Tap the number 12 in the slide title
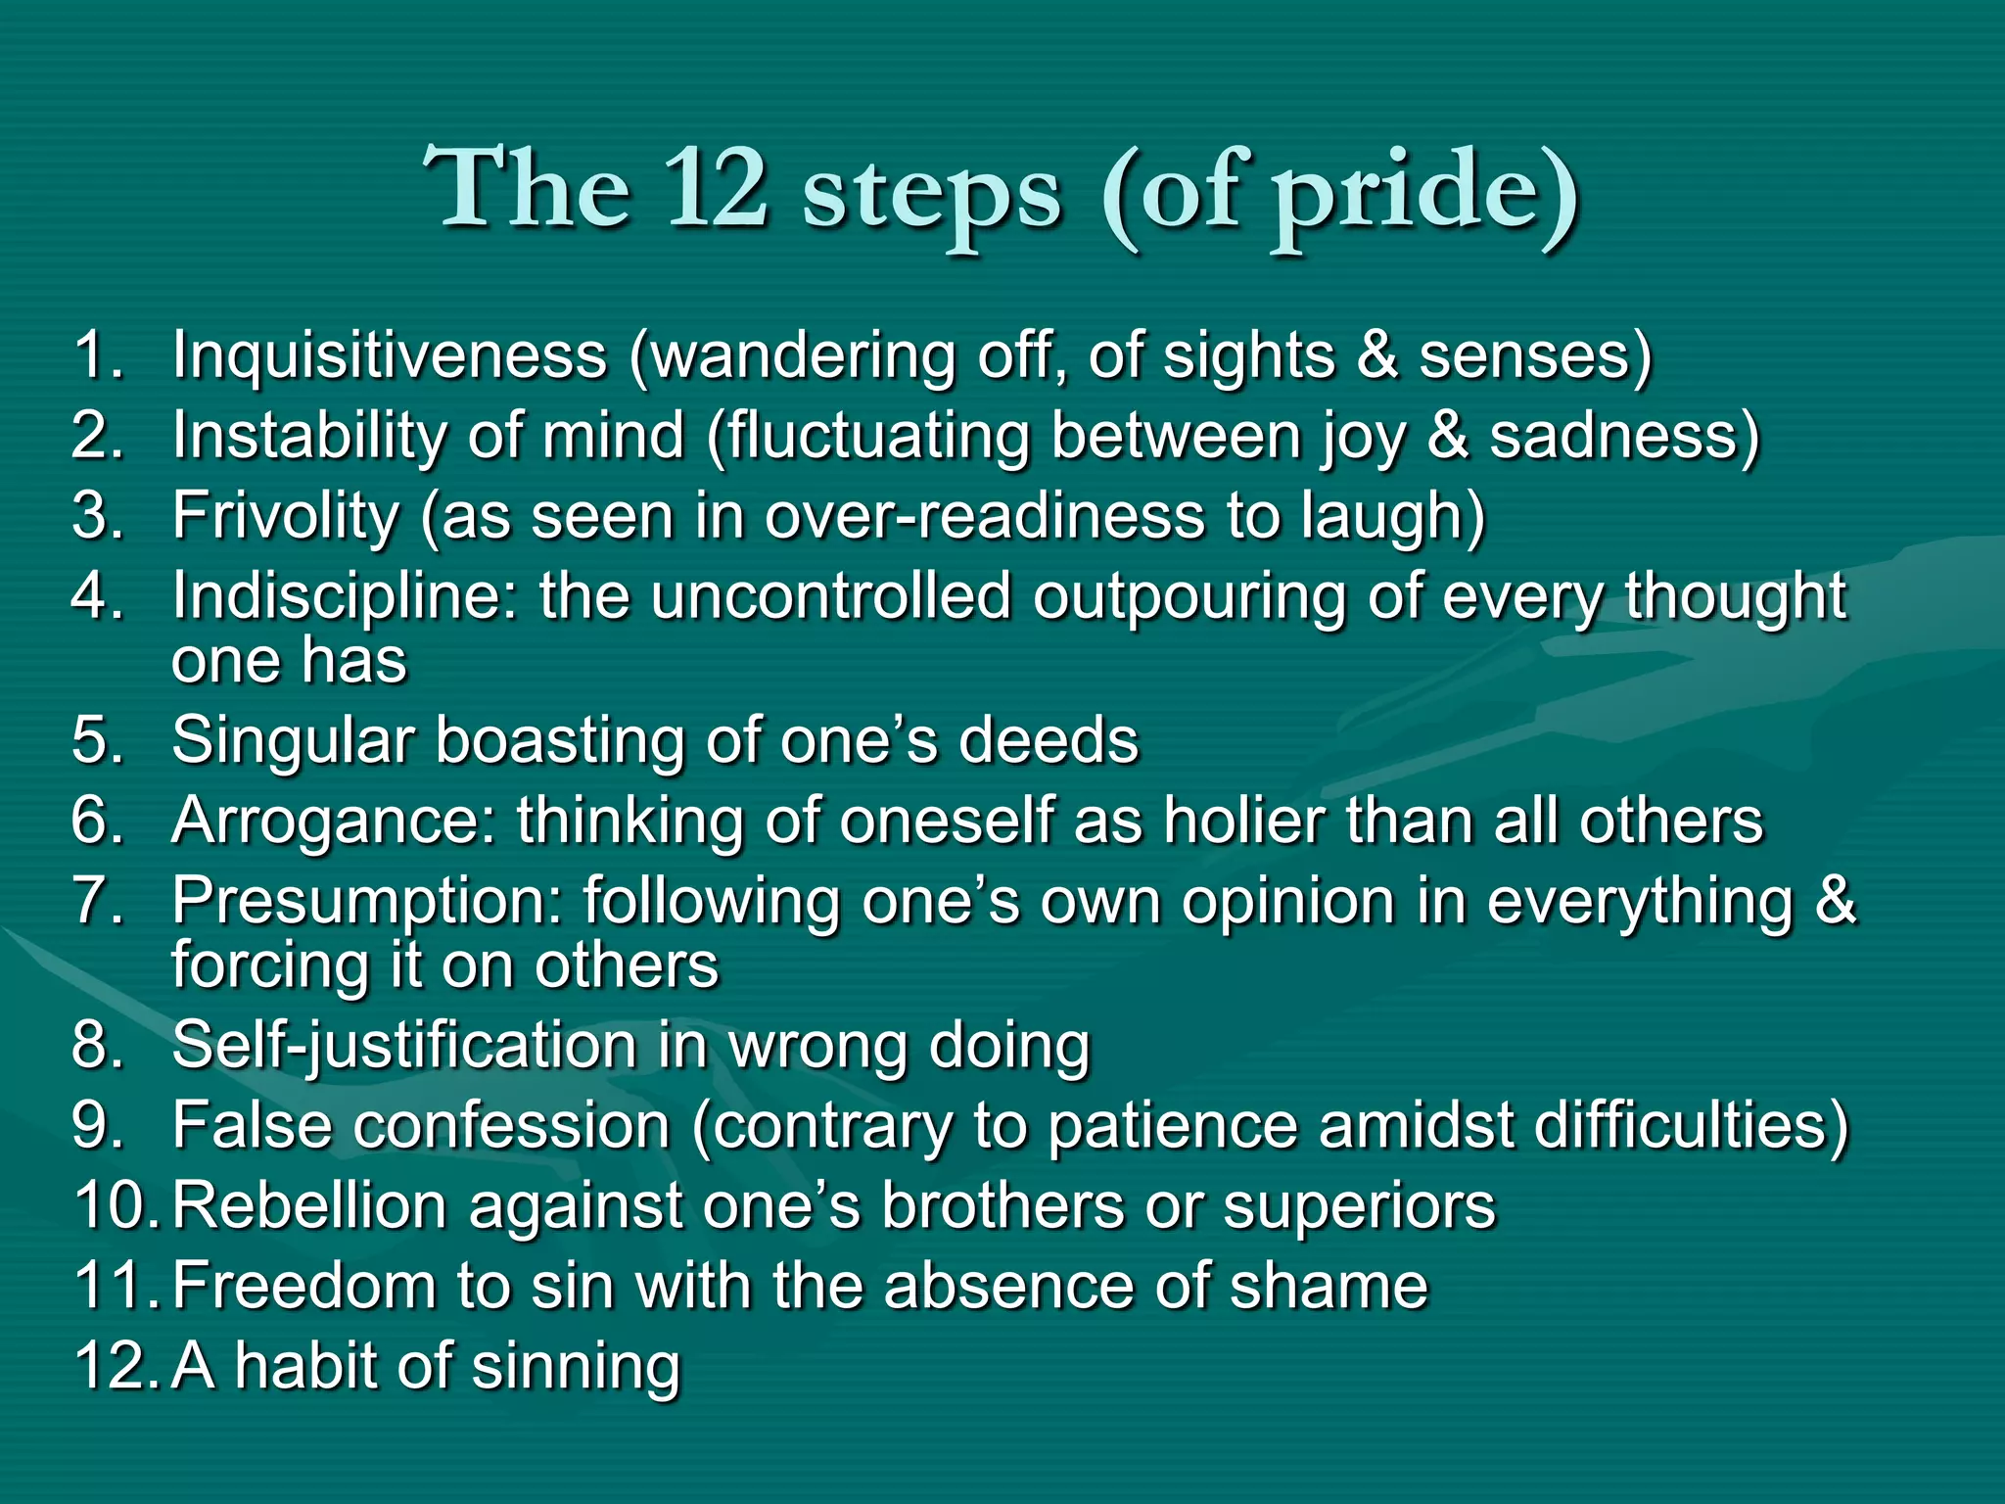point(715,188)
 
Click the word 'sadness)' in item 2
point(1624,436)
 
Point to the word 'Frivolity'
point(285,516)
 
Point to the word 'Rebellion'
point(309,1205)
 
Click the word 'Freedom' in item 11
point(303,1286)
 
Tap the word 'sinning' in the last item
point(576,1367)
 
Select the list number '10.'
point(116,1205)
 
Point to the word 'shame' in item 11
point(1329,1286)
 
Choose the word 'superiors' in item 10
point(1360,1205)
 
